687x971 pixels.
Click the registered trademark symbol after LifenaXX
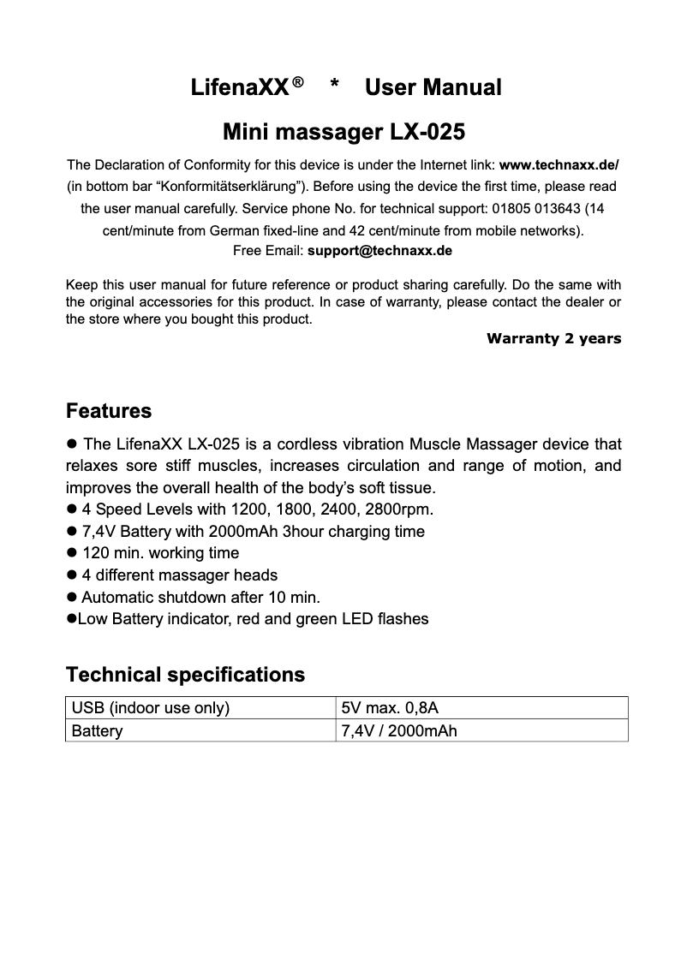(297, 83)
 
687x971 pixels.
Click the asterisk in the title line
(335, 86)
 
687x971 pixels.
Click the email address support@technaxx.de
(379, 251)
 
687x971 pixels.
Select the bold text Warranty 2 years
(553, 338)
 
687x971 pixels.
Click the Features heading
(109, 411)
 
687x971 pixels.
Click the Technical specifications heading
(185, 675)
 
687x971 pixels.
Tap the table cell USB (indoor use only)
(151, 708)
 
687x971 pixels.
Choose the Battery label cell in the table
(97, 731)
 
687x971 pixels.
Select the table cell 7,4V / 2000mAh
(398, 731)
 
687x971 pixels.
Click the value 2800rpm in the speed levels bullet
(402, 510)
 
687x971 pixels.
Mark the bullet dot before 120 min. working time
(72, 553)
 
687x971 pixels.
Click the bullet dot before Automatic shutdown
(72, 597)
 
